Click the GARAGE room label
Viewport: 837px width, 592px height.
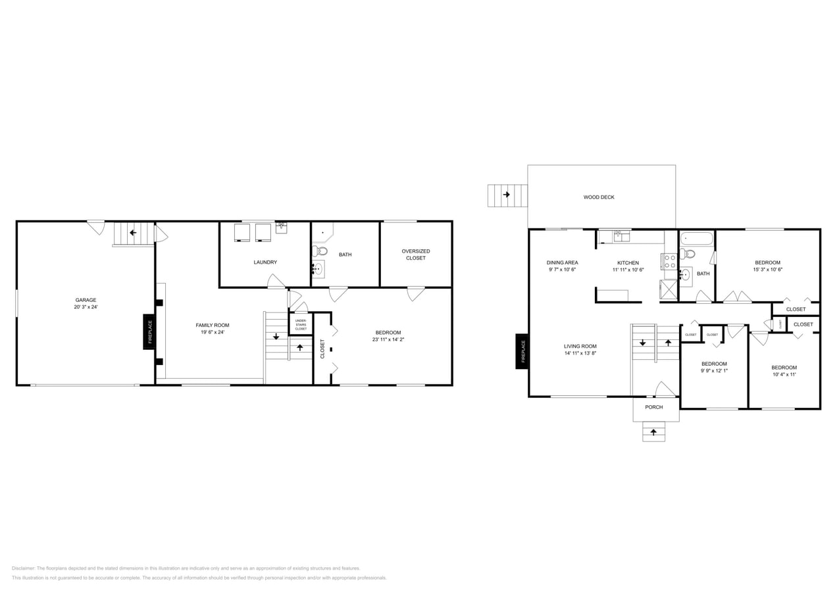(86, 300)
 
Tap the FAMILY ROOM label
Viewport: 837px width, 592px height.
(213, 325)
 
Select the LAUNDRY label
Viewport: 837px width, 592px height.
(265, 262)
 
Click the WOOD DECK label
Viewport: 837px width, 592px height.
(599, 197)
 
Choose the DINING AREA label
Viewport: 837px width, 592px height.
(562, 262)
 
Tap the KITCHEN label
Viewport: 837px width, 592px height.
(628, 263)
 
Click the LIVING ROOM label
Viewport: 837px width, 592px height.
(580, 347)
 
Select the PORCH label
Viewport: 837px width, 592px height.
(654, 407)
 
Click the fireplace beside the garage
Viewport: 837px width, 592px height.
(149, 332)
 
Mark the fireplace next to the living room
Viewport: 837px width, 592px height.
(522, 351)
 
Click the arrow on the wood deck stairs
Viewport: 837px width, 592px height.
(507, 195)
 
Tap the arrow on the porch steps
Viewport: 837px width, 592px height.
(653, 432)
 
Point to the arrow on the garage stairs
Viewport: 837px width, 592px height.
(133, 232)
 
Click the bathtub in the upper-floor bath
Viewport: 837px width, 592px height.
(696, 239)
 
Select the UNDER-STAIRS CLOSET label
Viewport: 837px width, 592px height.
(301, 324)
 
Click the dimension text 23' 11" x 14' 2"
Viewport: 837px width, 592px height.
(388, 339)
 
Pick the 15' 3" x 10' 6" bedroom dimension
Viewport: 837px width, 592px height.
(767, 269)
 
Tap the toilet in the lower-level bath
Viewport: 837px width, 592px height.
(320, 251)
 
